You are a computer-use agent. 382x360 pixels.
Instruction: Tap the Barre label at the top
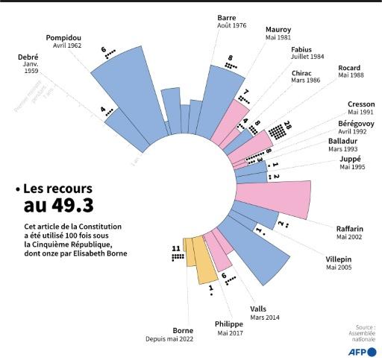(x=228, y=17)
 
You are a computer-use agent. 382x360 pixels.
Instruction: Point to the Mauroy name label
(x=278, y=30)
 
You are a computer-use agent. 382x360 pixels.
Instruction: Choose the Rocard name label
(x=349, y=68)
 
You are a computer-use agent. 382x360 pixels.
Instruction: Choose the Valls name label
(x=259, y=309)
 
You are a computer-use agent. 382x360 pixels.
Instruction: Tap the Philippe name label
(x=229, y=325)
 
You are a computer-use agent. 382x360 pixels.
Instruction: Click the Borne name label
(x=183, y=330)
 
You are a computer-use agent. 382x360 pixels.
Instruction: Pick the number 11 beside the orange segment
(x=176, y=247)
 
